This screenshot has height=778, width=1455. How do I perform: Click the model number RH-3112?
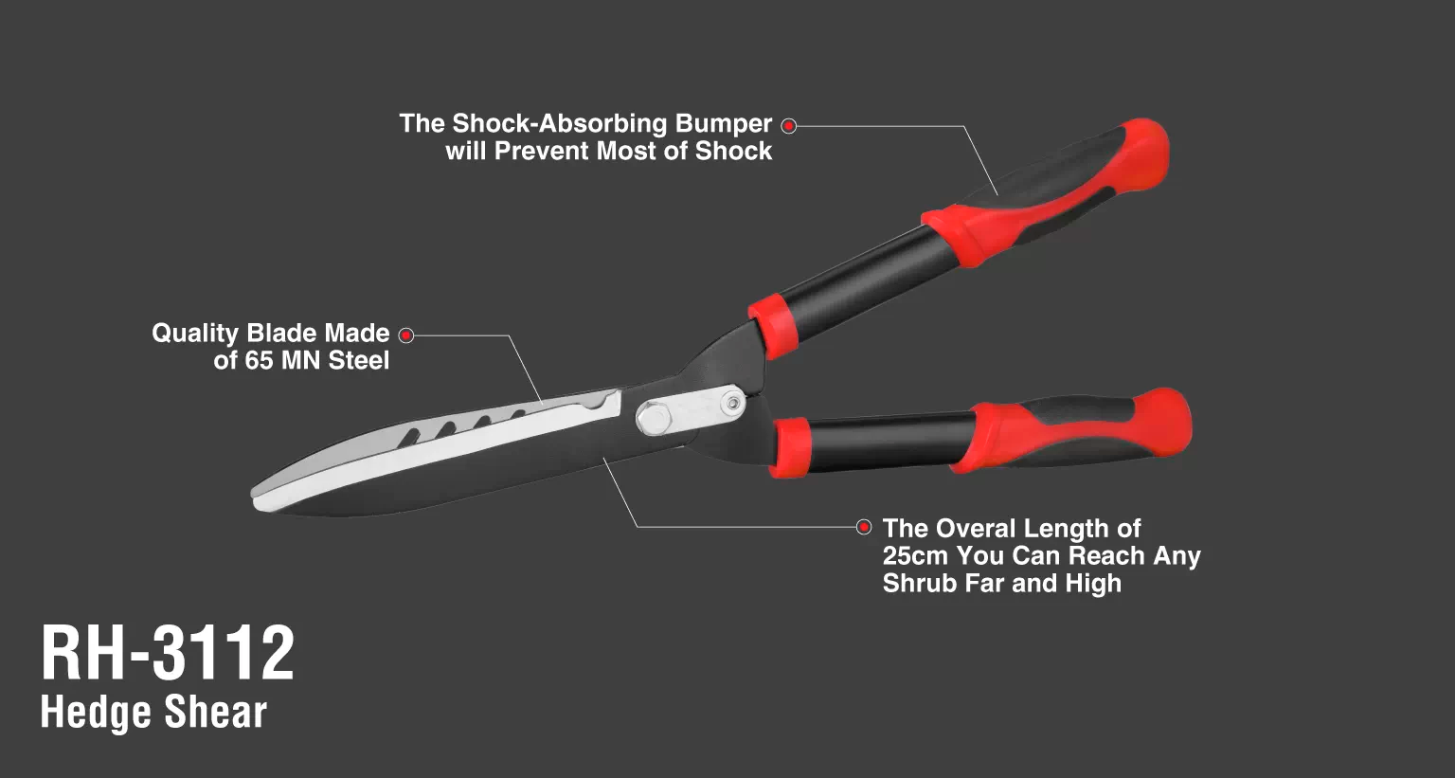click(168, 653)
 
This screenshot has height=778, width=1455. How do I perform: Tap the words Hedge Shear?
click(154, 713)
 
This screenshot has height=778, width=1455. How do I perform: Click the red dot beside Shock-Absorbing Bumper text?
click(788, 125)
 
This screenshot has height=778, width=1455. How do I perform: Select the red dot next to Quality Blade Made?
click(406, 335)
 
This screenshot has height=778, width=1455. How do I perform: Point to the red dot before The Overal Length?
click(864, 527)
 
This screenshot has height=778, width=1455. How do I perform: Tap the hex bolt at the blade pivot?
click(653, 418)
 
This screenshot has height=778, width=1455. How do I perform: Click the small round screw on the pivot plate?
click(733, 404)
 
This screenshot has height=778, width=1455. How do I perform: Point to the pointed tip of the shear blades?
click(253, 500)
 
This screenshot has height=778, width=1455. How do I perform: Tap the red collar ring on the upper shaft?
click(774, 325)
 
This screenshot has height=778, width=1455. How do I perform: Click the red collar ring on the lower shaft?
click(791, 447)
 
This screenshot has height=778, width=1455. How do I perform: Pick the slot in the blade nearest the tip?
click(409, 437)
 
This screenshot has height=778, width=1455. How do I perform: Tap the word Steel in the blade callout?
click(359, 361)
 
